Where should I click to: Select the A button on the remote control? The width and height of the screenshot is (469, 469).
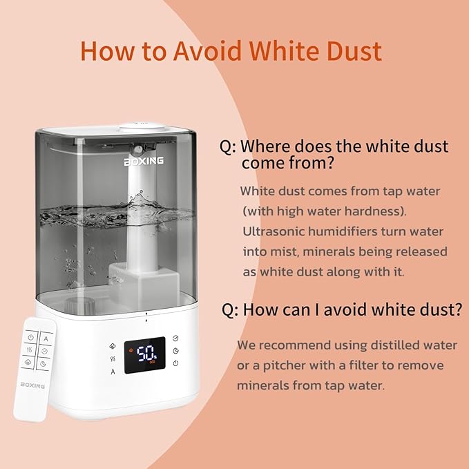pos(46,338)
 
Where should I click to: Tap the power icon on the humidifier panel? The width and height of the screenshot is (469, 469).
pos(175,364)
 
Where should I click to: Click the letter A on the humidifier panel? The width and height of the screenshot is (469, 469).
pos(113,372)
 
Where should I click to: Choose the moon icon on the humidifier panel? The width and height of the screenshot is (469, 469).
pos(175,352)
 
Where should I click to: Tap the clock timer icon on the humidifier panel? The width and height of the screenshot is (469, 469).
pos(175,338)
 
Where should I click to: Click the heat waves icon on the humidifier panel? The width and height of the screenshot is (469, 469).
pos(113,359)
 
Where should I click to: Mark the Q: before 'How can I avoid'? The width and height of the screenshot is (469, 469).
pos(230,309)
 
